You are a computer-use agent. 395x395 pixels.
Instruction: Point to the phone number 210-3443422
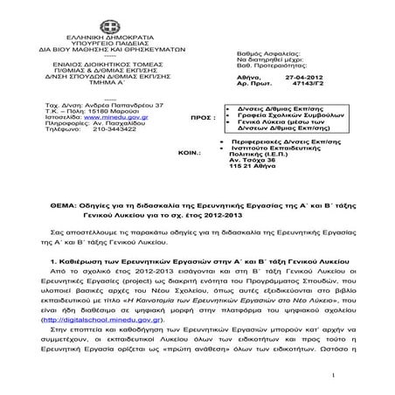110,129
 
